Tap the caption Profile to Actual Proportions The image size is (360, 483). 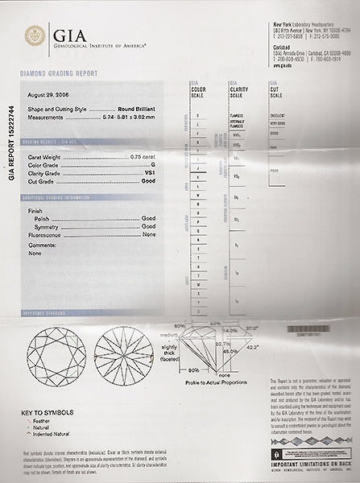point(213,381)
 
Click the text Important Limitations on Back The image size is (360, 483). point(312,464)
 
